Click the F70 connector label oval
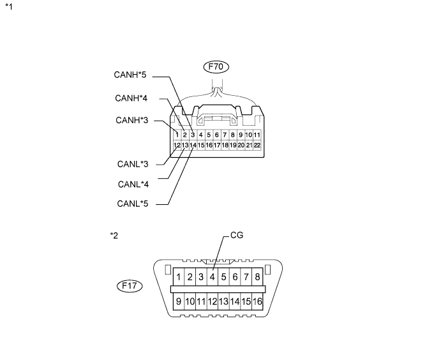pos(216,66)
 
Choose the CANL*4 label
pos(133,184)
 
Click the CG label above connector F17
pos(237,235)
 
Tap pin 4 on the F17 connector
pos(213,277)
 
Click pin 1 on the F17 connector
pos(179,277)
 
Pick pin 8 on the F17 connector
pos(257,277)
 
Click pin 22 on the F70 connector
pos(257,145)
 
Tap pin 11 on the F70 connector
pos(257,135)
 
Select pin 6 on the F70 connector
pos(216,135)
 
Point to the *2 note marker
pos(114,236)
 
